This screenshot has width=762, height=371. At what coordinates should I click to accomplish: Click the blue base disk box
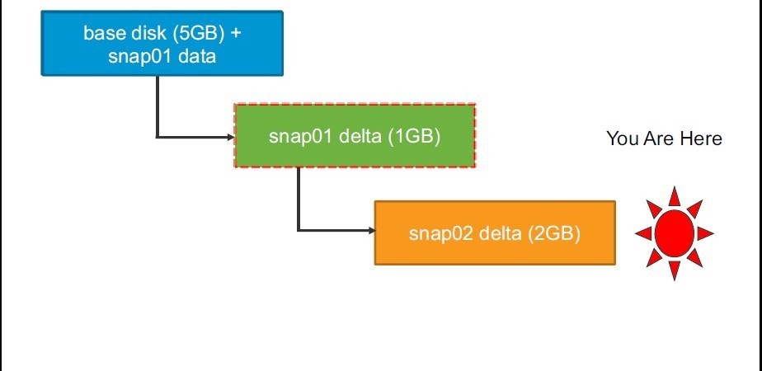point(162,43)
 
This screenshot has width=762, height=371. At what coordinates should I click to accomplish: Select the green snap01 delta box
point(355,135)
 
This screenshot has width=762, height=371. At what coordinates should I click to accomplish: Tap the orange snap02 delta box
point(495,233)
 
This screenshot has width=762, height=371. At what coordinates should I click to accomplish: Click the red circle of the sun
point(674,233)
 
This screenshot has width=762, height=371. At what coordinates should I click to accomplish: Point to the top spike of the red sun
point(674,198)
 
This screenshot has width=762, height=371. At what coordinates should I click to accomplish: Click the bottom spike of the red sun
point(674,270)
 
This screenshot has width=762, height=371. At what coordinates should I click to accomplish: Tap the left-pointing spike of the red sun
point(644,233)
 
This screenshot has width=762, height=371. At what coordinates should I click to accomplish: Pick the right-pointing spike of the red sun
point(705,233)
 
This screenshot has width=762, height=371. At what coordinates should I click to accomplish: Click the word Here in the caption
point(701,139)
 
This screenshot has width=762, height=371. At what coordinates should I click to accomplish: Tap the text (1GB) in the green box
point(414,137)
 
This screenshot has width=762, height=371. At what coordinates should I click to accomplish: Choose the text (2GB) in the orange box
point(554,233)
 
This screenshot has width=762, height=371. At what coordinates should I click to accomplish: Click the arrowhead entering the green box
point(231,138)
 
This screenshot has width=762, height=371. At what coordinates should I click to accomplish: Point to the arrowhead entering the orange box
point(372,231)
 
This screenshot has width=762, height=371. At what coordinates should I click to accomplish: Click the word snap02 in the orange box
point(440,234)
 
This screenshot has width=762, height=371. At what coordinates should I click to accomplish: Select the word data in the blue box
point(197,56)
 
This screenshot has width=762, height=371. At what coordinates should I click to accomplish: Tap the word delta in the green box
point(360,137)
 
